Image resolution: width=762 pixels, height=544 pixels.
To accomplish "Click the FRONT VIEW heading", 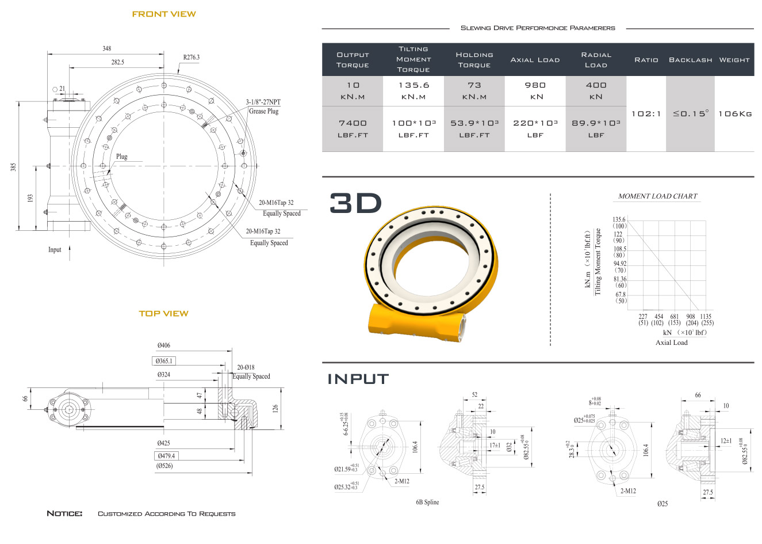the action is tap(164, 14).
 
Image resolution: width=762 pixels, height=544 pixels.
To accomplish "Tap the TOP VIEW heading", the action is tap(164, 314).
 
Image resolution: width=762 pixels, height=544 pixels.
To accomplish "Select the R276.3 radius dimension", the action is tap(192, 57).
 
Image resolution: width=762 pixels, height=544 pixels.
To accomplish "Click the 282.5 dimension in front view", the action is tap(118, 62).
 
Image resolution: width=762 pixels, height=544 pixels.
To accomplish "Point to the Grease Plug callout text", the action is tap(263, 111).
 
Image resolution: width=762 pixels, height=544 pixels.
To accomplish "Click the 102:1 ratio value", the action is tap(646, 114).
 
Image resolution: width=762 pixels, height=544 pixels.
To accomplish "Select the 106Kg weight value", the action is tap(735, 114).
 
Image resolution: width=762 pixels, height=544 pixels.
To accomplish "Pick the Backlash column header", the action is tap(690, 60).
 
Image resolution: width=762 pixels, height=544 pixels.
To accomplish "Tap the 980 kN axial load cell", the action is tap(535, 90).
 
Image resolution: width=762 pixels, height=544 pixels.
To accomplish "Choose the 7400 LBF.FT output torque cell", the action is tap(353, 129).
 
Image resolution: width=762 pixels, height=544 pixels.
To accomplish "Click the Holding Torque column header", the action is tap(474, 60).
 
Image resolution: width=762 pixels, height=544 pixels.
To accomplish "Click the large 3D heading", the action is tap(355, 203).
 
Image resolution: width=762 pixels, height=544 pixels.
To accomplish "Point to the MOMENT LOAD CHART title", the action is tap(657, 196).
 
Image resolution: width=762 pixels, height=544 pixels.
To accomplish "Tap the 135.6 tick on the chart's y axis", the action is tap(619, 219).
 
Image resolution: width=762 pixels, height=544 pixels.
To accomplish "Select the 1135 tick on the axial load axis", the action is tap(706, 317).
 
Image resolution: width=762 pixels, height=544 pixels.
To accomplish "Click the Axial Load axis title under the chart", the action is tap(672, 343).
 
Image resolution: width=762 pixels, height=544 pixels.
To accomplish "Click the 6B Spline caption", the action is tap(427, 502).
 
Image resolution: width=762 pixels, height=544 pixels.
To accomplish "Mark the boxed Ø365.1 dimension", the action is tap(164, 361).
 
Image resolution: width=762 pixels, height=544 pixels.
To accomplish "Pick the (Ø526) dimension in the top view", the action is tap(164, 466).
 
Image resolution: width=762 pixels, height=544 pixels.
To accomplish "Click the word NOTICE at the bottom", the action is tap(64, 513).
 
